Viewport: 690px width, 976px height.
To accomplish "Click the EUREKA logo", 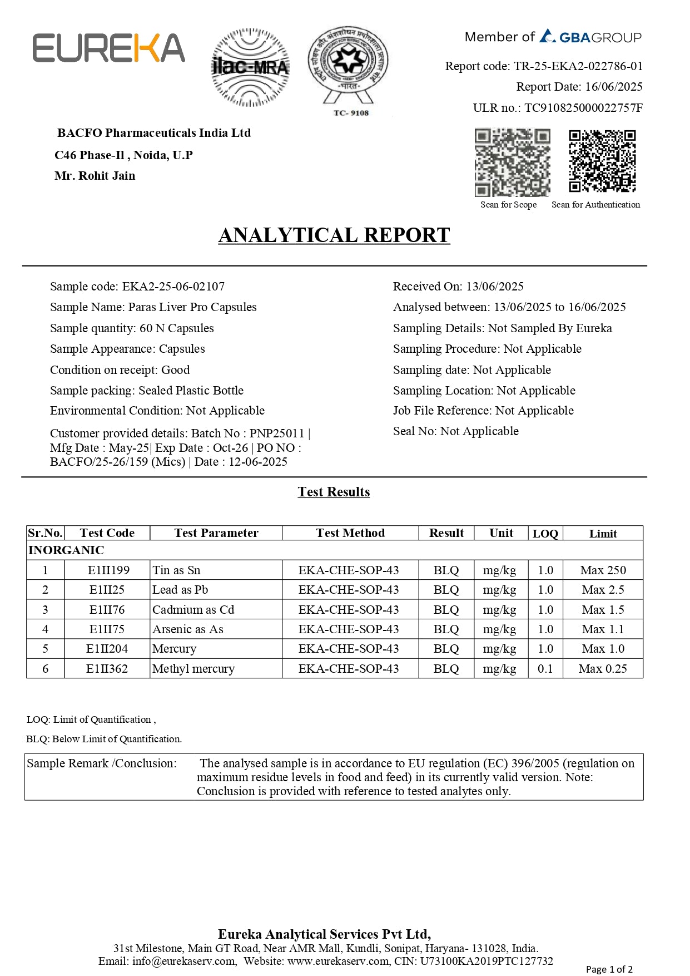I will click(108, 48).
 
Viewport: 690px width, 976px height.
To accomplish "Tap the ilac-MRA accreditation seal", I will click(250, 67).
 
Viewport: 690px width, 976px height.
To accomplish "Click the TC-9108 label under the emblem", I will click(351, 113).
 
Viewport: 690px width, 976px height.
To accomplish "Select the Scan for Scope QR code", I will click(512, 162).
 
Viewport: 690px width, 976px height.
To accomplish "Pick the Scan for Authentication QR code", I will click(602, 161).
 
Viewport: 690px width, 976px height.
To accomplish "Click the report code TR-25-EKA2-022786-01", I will click(578, 66).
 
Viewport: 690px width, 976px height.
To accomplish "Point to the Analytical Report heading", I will click(334, 235).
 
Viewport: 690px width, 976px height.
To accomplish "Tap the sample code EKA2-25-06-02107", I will click(173, 287).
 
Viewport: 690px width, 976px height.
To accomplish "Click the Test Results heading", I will click(334, 492).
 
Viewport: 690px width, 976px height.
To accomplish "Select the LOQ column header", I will click(545, 534).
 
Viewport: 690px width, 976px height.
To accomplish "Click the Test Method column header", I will click(350, 533).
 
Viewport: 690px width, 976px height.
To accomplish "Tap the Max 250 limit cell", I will click(603, 570).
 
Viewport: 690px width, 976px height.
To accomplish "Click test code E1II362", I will click(107, 669).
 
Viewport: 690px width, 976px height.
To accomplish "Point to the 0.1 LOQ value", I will click(545, 669).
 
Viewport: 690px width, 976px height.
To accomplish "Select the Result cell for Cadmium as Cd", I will click(446, 610).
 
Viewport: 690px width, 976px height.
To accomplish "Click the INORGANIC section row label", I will click(66, 550).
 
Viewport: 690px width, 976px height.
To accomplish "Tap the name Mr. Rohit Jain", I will click(95, 176).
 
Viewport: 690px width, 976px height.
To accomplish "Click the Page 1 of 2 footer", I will click(609, 969).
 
